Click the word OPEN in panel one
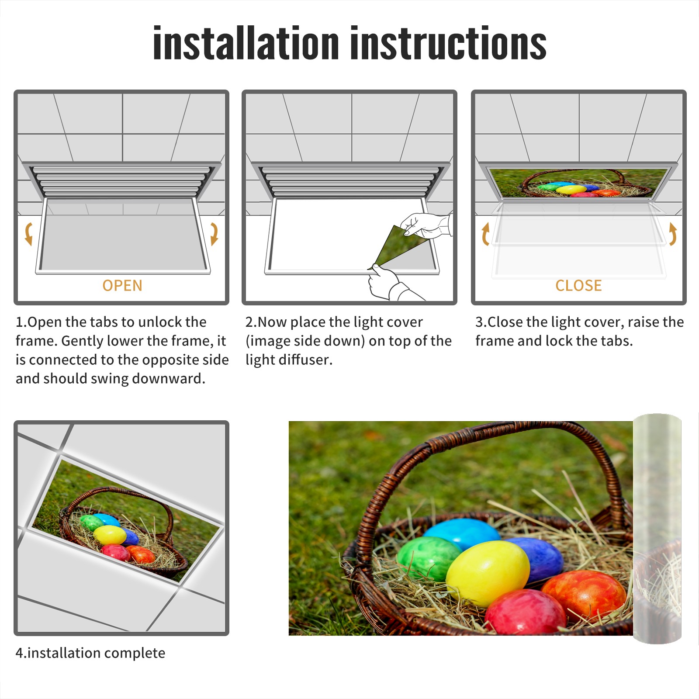122,286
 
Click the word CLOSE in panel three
578,286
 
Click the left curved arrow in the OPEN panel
28,234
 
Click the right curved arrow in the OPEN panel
214,234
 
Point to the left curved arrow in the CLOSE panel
485,234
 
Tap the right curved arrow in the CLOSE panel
673,234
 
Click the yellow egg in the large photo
488,573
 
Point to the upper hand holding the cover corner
426,225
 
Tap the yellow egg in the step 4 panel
110,535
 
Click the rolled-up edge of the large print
657,529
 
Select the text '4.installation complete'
90,653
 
